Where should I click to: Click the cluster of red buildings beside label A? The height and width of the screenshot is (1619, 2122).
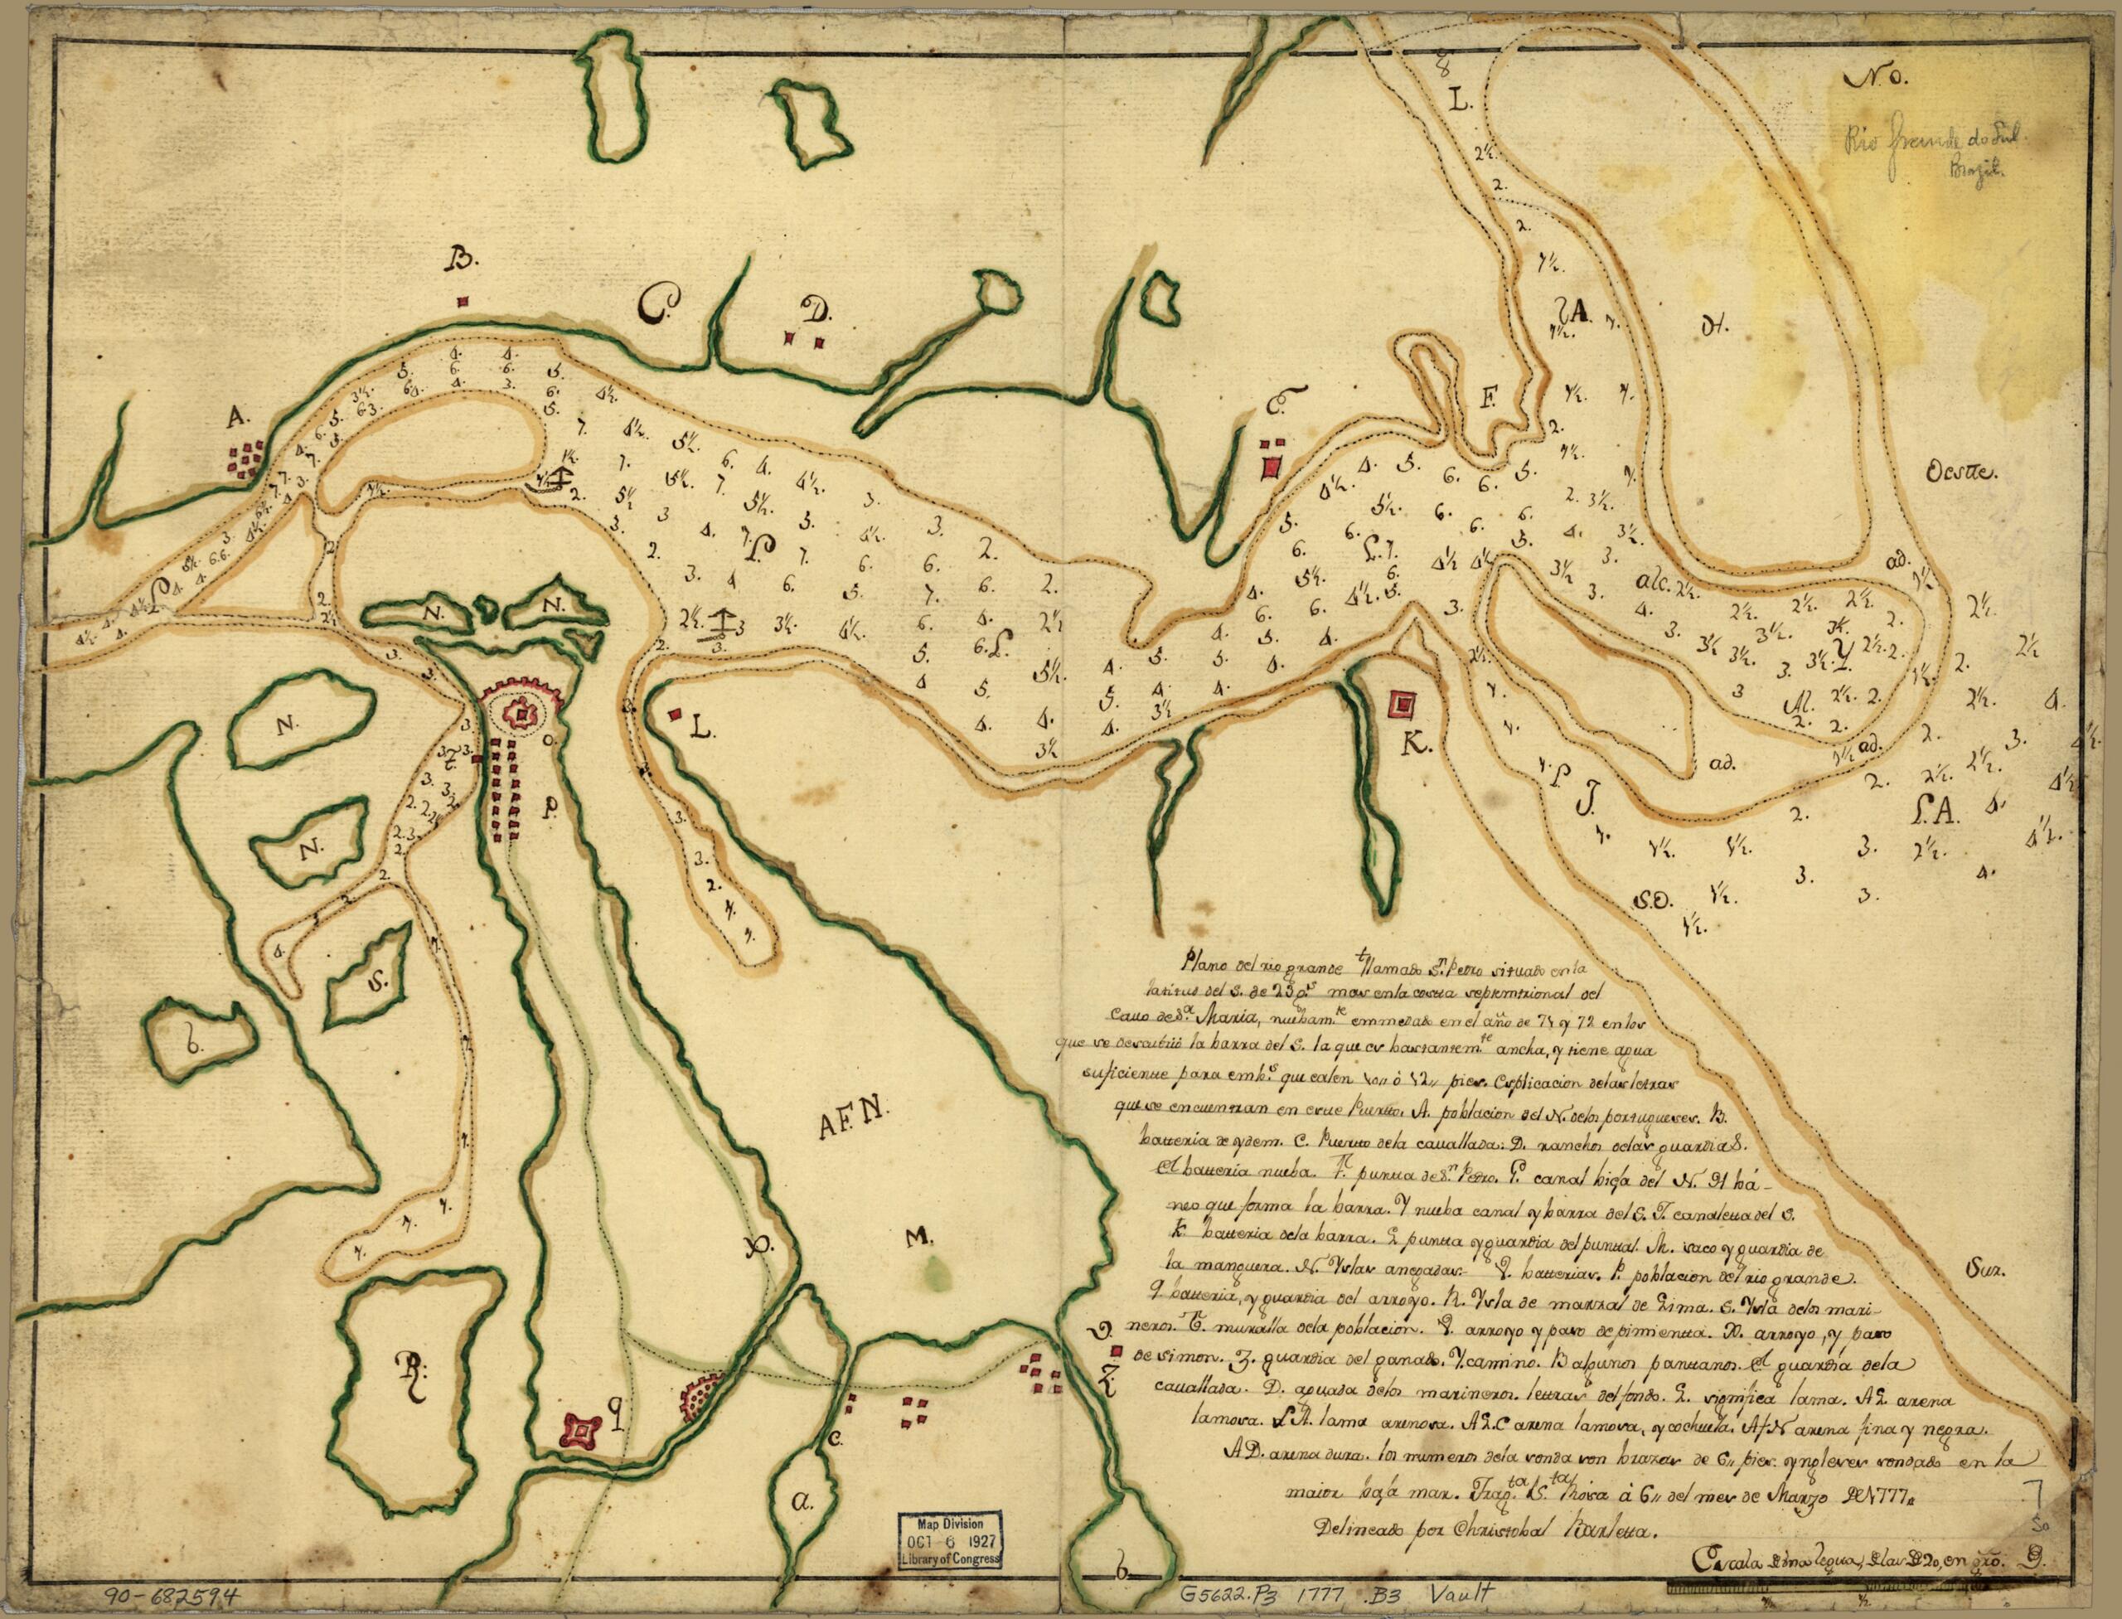pyautogui.click(x=249, y=457)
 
